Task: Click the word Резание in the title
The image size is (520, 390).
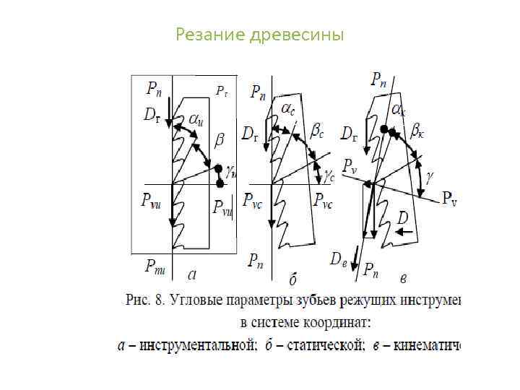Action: [210, 35]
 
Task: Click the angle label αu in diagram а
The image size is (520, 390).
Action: [196, 119]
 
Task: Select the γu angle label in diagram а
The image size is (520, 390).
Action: [232, 172]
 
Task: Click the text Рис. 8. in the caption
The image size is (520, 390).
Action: [146, 300]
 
